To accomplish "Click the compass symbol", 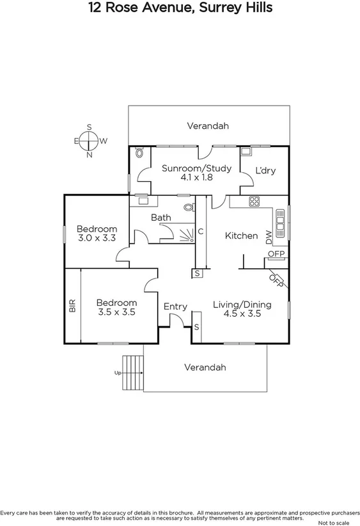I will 89,141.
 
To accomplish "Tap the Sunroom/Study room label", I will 187,168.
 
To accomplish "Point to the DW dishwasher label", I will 269,235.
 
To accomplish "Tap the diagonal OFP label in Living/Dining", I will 277,280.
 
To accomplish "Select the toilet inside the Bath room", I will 188,207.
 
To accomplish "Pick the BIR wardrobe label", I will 72,305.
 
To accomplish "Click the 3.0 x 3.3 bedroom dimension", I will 97,238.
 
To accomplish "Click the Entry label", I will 175,307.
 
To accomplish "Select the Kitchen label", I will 241,235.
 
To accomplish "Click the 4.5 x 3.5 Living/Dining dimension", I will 242,314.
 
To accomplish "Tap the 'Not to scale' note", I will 339,522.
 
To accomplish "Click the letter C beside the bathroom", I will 200,232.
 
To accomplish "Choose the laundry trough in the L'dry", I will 245,152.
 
